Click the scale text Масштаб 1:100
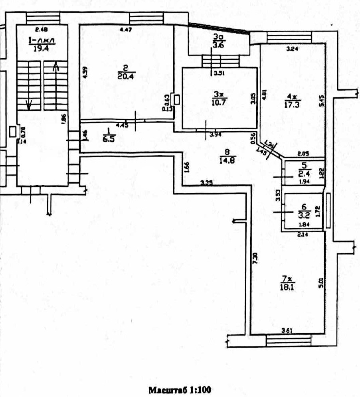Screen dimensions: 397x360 [180, 390]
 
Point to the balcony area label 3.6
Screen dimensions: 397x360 [218, 45]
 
